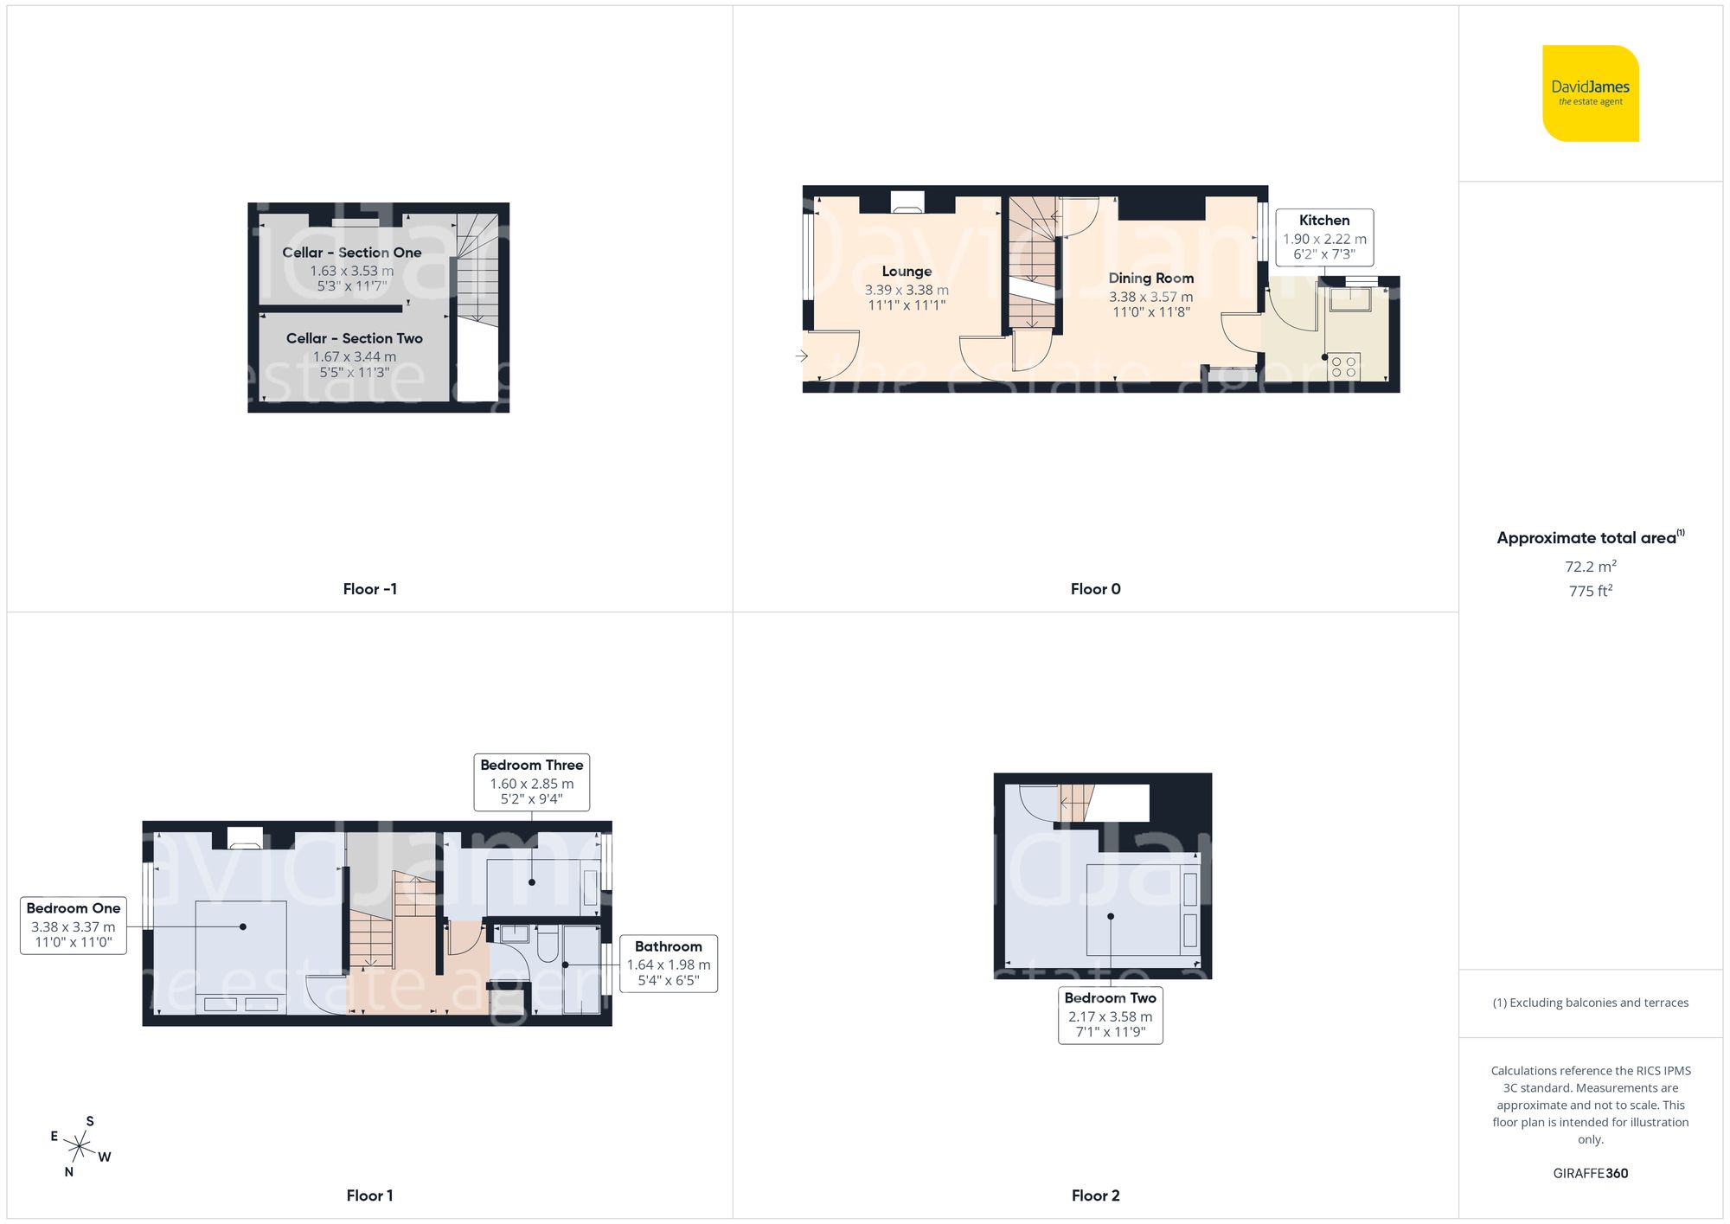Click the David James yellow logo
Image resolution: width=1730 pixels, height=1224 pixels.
1590,93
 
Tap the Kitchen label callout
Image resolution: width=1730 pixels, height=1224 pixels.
1323,236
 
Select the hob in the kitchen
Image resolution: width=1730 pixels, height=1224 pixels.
1343,367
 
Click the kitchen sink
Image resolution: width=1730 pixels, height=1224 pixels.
1349,298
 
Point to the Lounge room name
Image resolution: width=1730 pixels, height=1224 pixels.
907,272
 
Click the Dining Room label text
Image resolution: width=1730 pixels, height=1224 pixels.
1150,279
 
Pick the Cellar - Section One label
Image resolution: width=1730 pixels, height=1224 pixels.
351,253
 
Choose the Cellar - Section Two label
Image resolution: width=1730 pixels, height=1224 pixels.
354,338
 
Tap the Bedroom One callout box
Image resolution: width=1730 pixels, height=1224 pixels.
74,926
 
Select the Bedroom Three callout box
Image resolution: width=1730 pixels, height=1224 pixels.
531,782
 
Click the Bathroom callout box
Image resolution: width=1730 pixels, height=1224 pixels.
668,964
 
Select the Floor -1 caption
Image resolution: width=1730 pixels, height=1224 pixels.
369,589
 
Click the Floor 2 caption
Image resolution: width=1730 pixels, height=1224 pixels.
1095,1195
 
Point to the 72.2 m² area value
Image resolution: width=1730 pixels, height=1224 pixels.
1590,567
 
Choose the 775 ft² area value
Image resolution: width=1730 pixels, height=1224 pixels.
1590,591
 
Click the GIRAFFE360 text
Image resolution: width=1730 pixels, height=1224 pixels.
1590,1174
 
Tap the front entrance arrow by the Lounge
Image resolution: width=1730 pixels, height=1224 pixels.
802,356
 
